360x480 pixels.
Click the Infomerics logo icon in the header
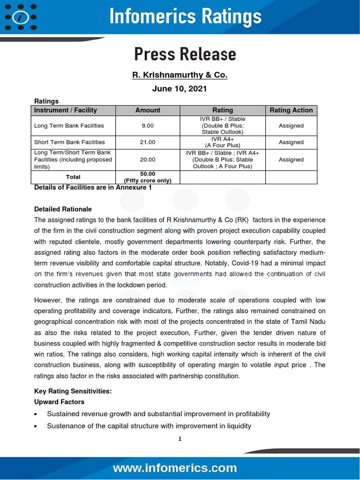click(x=21, y=17)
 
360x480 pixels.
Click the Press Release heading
click(x=185, y=54)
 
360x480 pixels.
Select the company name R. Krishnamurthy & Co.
click(x=180, y=75)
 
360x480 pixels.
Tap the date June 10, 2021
click(x=180, y=89)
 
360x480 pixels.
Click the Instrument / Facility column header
click(x=66, y=110)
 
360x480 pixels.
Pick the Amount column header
click(x=148, y=110)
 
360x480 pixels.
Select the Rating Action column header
click(x=291, y=110)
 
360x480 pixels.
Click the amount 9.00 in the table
click(x=148, y=126)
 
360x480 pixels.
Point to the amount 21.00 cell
click(x=148, y=142)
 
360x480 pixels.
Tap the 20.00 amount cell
click(x=148, y=159)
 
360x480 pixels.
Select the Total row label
click(x=73, y=177)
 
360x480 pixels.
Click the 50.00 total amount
click(x=148, y=173)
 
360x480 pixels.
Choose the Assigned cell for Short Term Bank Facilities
click(x=291, y=142)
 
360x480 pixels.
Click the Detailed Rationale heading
click(x=63, y=209)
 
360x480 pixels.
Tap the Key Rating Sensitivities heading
click(x=73, y=391)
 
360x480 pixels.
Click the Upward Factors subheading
click(x=60, y=402)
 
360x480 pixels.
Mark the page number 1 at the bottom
click(x=180, y=439)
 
